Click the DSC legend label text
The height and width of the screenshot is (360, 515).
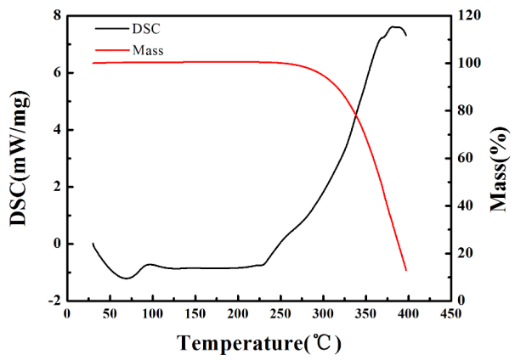pos(146,28)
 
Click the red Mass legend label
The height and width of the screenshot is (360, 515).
pos(148,50)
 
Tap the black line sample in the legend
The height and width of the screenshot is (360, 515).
pos(108,28)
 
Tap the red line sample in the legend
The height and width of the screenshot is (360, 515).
pos(108,50)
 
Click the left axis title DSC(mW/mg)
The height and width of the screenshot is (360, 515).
pos(18,158)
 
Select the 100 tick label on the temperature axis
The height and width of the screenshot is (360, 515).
pos(153,313)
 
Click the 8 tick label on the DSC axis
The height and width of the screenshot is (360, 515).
pos(56,16)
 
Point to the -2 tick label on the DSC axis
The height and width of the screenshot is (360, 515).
pos(54,301)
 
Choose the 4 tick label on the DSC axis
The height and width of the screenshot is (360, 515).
pos(56,130)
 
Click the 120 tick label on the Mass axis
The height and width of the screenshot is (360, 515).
pos(465,16)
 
